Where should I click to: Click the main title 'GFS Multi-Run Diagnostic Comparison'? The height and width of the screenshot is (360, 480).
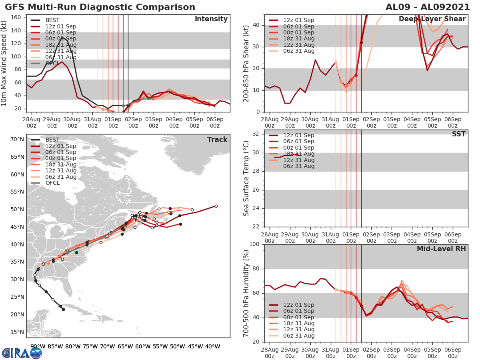pyautogui.click(x=100, y=7)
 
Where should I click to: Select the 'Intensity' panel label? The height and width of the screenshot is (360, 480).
pyautogui.click(x=211, y=19)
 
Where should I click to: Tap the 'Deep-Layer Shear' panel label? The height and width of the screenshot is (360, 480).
pyautogui.click(x=432, y=19)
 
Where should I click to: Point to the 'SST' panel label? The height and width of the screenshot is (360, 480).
pyautogui.click(x=459, y=134)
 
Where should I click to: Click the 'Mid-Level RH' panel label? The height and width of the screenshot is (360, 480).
pyautogui.click(x=441, y=249)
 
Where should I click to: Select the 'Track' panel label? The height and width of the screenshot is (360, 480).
pyautogui.click(x=217, y=140)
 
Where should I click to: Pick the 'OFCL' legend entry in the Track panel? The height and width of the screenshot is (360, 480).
pyautogui.click(x=52, y=183)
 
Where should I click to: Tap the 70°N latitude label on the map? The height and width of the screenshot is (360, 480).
pyautogui.click(x=17, y=140)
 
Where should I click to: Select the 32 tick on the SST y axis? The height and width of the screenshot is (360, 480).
pyautogui.click(x=256, y=134)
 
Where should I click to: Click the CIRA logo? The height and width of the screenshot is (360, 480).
pyautogui.click(x=22, y=353)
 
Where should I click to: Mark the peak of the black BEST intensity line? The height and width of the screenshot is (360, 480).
pyautogui.click(x=62, y=37)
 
